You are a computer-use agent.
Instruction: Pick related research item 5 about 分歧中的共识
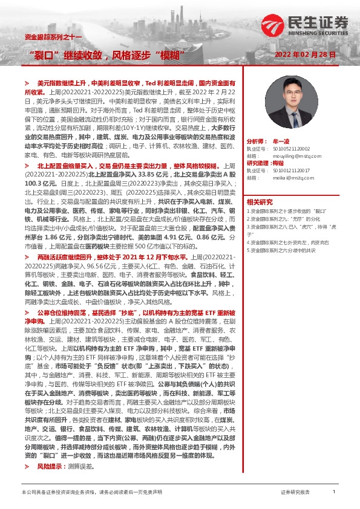tap(284, 250)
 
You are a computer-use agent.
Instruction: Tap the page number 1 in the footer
tap(334, 493)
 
